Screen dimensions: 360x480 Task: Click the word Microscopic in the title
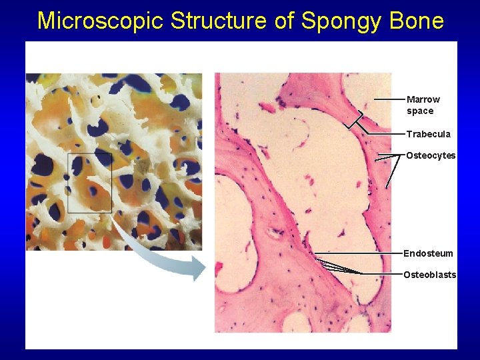click(x=101, y=21)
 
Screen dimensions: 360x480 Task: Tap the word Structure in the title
click(x=219, y=21)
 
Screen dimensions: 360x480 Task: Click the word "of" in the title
click(x=285, y=21)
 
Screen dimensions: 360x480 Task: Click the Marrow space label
click(x=423, y=105)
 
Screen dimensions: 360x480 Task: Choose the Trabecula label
click(x=429, y=134)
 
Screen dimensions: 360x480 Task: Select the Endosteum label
click(x=428, y=253)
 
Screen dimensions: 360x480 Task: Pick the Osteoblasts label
click(x=430, y=275)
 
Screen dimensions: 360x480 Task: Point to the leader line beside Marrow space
click(x=389, y=99)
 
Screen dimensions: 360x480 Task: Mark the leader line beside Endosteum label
click(x=360, y=253)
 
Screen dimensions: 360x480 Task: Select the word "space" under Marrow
click(x=420, y=111)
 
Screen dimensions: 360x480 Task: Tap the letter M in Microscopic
click(x=46, y=21)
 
